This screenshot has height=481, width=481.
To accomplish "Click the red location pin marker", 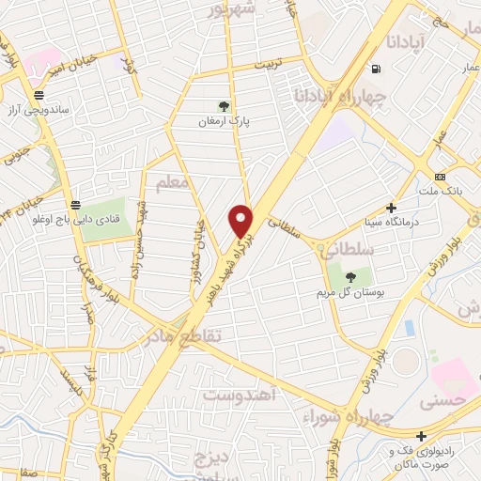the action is point(241,221).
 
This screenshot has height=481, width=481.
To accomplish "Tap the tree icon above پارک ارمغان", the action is point(223,106).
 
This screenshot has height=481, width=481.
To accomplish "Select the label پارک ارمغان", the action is point(223,121).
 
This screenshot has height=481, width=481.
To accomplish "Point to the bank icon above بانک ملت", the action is point(440,178).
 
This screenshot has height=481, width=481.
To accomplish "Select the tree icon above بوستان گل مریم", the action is point(349,277).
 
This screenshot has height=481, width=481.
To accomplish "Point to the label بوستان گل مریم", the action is point(349,292).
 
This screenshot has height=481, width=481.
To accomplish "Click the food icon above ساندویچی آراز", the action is point(39,95).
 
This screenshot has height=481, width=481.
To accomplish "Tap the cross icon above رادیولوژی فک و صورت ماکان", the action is point(423,435).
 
